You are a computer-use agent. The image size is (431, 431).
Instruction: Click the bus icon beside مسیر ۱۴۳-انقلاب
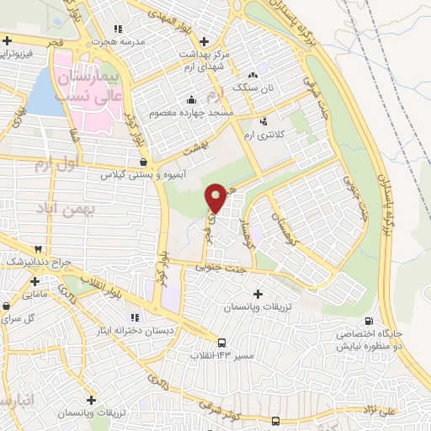221,343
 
